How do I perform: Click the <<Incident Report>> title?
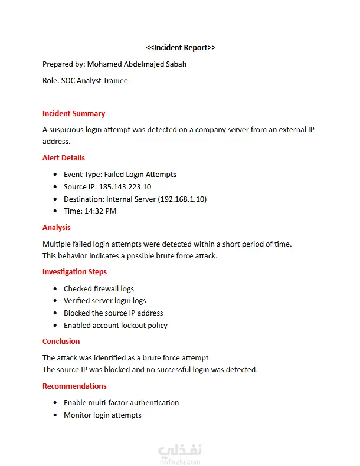(x=181, y=47)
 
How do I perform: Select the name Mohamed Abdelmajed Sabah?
(x=136, y=64)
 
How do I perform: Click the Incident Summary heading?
(x=74, y=113)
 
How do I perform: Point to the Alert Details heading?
(x=64, y=157)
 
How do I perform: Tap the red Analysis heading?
(x=57, y=227)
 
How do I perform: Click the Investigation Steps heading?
(x=74, y=271)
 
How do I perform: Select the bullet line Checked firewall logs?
(x=99, y=288)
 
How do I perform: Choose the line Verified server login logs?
(x=104, y=301)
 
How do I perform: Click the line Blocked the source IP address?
(x=113, y=313)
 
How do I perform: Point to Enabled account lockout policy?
(x=116, y=325)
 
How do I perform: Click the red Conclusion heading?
(x=61, y=341)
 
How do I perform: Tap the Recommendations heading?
(x=74, y=386)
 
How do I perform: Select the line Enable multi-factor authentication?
(x=121, y=402)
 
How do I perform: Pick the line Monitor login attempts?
(x=103, y=415)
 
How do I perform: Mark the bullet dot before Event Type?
(x=55, y=175)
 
